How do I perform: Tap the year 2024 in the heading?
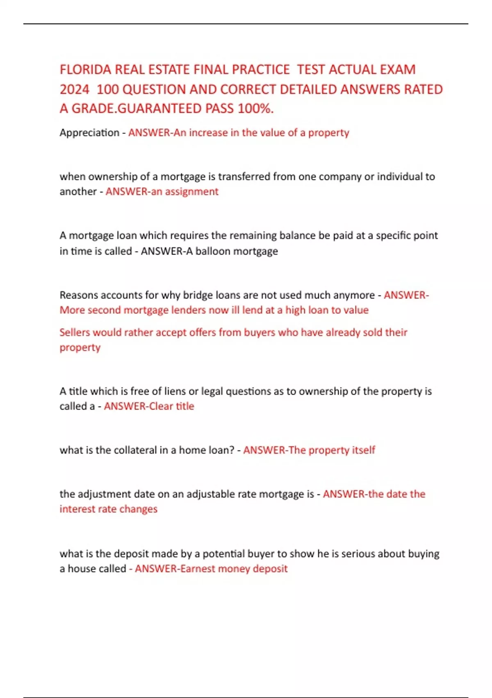coord(74,89)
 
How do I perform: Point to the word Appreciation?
coord(89,133)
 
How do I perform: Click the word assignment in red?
coord(192,191)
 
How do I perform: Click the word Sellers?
coord(75,332)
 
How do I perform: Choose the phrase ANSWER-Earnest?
coord(175,569)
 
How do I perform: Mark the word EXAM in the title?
coord(398,69)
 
